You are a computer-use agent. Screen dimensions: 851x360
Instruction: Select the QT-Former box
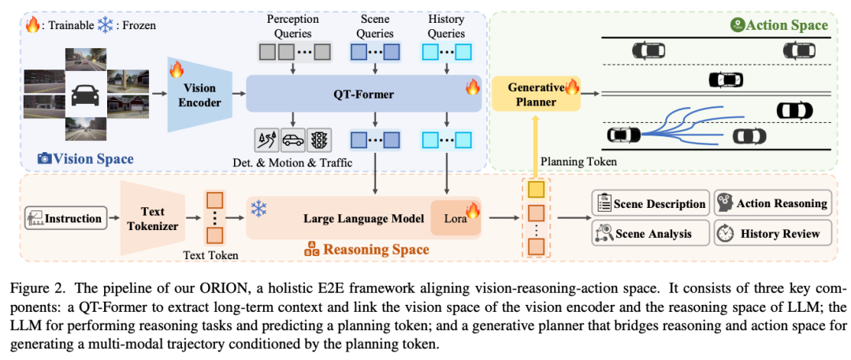tap(364, 94)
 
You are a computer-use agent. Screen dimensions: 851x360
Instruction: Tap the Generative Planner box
tap(536, 94)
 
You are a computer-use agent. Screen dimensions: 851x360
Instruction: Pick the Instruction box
tap(65, 218)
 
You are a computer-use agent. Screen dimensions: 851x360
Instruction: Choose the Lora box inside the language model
tap(455, 217)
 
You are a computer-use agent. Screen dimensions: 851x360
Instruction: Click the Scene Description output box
tap(650, 203)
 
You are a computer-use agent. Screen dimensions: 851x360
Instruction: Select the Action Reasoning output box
tap(772, 203)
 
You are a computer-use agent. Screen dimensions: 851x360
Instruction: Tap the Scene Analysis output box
tap(650, 233)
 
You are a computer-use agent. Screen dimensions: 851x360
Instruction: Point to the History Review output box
tap(772, 233)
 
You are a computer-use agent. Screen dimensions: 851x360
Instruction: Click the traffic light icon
tap(318, 141)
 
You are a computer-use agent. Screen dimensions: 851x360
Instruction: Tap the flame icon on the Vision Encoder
tap(177, 69)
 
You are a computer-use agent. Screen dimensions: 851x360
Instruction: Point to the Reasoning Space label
tap(369, 250)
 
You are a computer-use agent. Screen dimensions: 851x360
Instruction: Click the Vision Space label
tap(85, 158)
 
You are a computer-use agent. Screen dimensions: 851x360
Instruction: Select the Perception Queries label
tap(294, 26)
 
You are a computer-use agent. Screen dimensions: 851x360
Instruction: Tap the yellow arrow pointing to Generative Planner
tap(536, 146)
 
